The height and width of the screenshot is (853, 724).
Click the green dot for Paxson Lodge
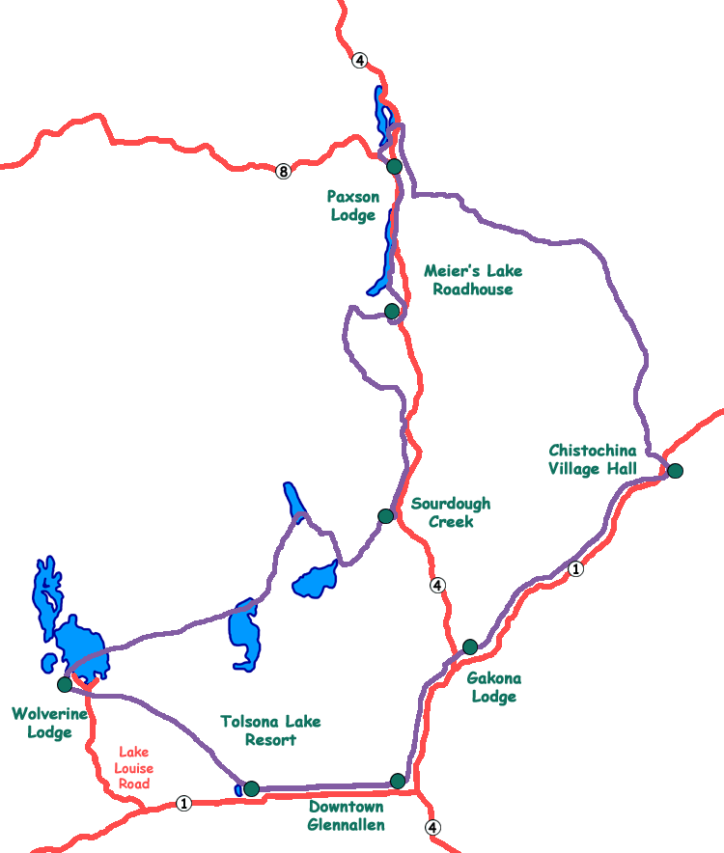[x=394, y=167]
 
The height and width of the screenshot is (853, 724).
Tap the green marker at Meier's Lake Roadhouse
[x=392, y=311]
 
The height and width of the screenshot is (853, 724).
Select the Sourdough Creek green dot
[x=386, y=516]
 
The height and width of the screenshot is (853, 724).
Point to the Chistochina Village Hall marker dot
[x=675, y=471]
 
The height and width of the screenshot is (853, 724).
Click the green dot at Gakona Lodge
[x=470, y=647]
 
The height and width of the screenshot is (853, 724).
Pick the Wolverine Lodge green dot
[x=65, y=684]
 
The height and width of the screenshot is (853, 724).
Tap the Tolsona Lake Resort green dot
[x=252, y=788]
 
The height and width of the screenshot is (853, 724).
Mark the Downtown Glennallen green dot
[x=398, y=781]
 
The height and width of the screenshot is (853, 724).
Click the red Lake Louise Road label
[x=134, y=767]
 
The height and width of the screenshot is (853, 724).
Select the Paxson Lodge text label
[x=354, y=206]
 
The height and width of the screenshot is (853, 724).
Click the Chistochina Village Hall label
[x=593, y=459]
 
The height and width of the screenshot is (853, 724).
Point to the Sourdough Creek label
[x=450, y=512]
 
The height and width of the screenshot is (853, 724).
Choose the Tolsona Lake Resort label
[x=270, y=730]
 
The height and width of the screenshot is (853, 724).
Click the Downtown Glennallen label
[x=346, y=815]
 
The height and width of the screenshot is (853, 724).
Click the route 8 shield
[x=283, y=172]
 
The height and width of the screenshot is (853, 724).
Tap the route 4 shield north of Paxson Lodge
[x=360, y=61]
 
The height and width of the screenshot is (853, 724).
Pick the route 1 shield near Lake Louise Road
[x=183, y=803]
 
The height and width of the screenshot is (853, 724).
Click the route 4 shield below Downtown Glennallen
[x=432, y=827]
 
